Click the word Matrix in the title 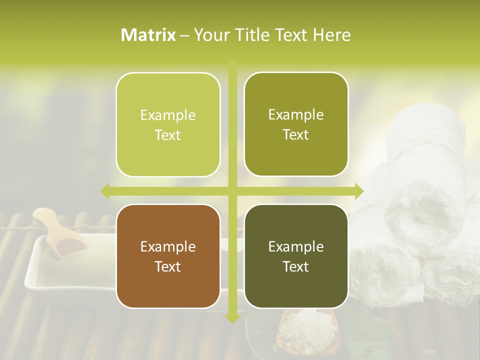(x=148, y=34)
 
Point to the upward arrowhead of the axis (x=232, y=65)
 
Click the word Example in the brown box (x=168, y=246)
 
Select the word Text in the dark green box (x=296, y=266)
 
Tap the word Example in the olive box (x=296, y=114)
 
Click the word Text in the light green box (x=168, y=135)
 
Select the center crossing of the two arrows (x=232, y=191)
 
